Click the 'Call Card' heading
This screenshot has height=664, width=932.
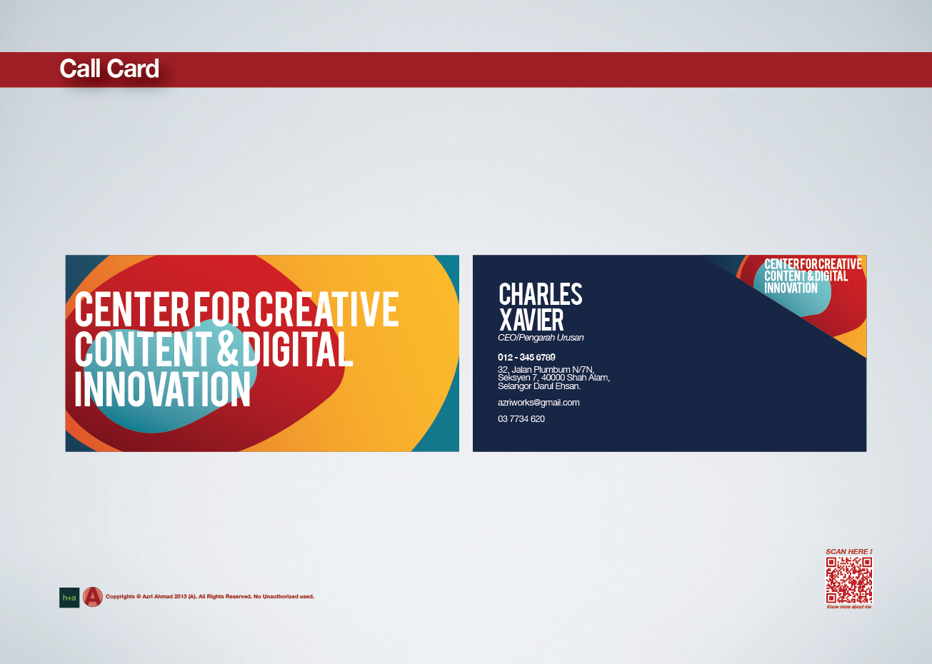click(x=109, y=69)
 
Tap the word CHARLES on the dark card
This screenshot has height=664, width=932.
click(x=541, y=294)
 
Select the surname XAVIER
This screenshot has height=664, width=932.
click(x=531, y=320)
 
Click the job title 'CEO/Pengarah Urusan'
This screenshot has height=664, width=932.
click(x=541, y=338)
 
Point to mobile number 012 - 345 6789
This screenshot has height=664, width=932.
click(x=526, y=357)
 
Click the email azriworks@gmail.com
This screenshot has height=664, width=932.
click(x=538, y=402)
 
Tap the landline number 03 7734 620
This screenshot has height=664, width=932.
click(x=521, y=419)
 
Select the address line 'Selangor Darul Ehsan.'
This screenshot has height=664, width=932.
click(x=538, y=386)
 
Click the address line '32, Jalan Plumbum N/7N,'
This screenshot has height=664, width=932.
click(x=546, y=369)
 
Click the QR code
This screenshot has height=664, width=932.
click(x=848, y=580)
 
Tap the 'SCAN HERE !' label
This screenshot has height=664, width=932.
click(x=848, y=552)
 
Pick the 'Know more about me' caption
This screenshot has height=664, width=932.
click(x=848, y=607)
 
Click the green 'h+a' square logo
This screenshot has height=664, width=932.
click(x=69, y=598)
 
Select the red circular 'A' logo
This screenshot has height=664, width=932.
click(x=93, y=597)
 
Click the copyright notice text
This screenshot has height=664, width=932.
click(x=210, y=597)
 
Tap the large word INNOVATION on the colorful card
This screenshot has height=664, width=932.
click(x=162, y=388)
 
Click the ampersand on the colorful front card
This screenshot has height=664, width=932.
click(x=227, y=348)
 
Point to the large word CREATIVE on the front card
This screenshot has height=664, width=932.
click(x=326, y=308)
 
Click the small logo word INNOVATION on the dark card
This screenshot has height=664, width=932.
click(x=791, y=288)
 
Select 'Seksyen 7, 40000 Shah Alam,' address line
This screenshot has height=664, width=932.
click(x=553, y=378)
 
